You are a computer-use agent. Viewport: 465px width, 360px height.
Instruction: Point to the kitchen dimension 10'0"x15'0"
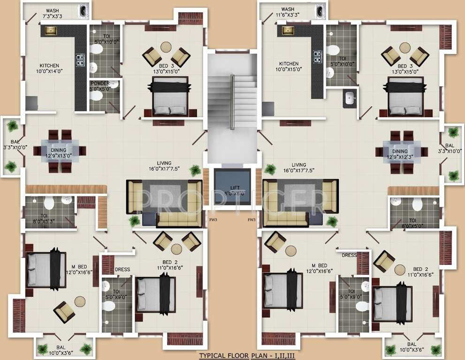click(x=289, y=70)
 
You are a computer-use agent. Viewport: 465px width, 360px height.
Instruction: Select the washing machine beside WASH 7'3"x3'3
click(x=84, y=10)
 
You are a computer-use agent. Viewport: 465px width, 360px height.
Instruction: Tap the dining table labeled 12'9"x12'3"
click(x=401, y=151)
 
